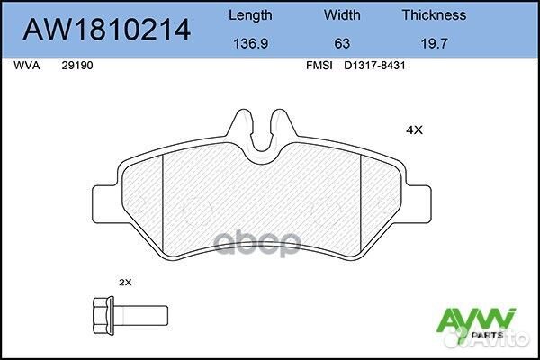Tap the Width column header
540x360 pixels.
(341, 14)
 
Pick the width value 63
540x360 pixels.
(341, 42)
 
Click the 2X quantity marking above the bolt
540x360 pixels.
(126, 282)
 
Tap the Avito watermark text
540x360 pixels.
(509, 339)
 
